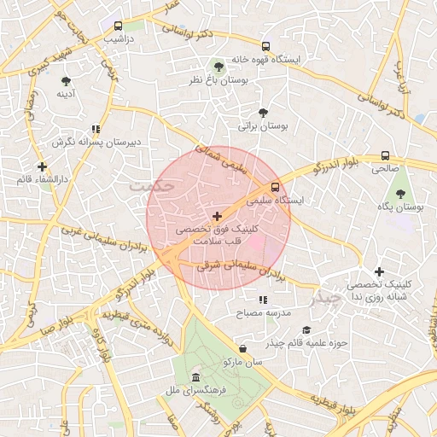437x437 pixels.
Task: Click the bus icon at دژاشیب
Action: pos(118,26)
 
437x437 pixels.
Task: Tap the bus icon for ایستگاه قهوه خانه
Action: pos(266,46)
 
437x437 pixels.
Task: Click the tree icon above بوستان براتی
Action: pos(263,113)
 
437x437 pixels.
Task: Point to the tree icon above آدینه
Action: pos(67,81)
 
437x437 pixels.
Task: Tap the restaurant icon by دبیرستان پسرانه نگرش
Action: pos(108,129)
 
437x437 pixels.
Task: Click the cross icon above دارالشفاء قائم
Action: pos(41,166)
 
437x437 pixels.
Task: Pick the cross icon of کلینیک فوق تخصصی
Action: pos(217,216)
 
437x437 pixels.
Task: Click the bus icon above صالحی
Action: pos(386,156)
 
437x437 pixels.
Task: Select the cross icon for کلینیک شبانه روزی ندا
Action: pos(379,271)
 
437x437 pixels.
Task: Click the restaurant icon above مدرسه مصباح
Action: pos(263,300)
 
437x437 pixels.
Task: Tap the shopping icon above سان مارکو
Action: pos(244,348)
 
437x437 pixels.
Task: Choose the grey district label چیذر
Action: pos(327,300)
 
